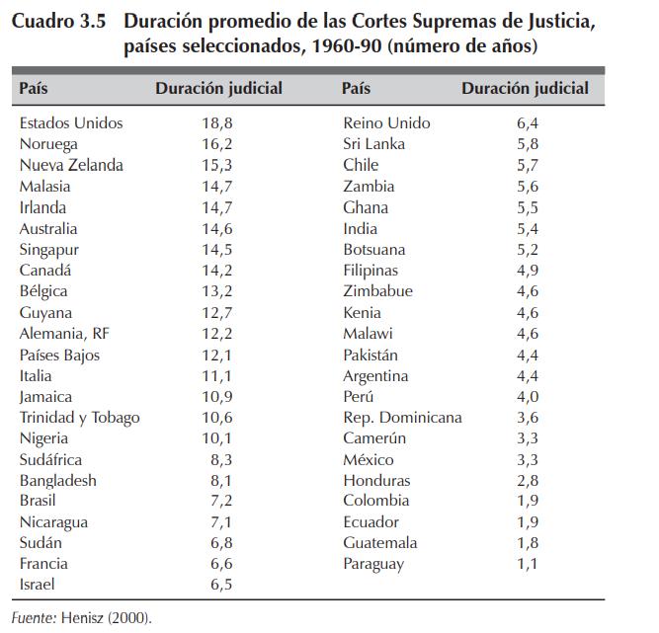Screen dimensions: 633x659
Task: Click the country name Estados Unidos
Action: pos(71,123)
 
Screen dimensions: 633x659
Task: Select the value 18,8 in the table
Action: pos(217,123)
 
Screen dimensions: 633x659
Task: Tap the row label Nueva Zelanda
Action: pos(71,165)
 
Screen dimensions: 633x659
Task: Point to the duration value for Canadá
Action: pos(217,270)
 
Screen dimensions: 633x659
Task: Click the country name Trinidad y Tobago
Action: pos(79,418)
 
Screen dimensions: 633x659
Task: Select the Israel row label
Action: pos(37,585)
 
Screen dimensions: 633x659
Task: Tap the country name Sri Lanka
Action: pos(373,144)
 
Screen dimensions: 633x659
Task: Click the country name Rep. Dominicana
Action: pos(402,418)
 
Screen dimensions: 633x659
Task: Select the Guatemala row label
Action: pos(380,543)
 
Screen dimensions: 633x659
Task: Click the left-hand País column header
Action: pos(34,89)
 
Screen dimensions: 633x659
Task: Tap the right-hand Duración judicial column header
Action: pos(525,89)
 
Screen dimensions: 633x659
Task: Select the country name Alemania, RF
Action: pos(65,334)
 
